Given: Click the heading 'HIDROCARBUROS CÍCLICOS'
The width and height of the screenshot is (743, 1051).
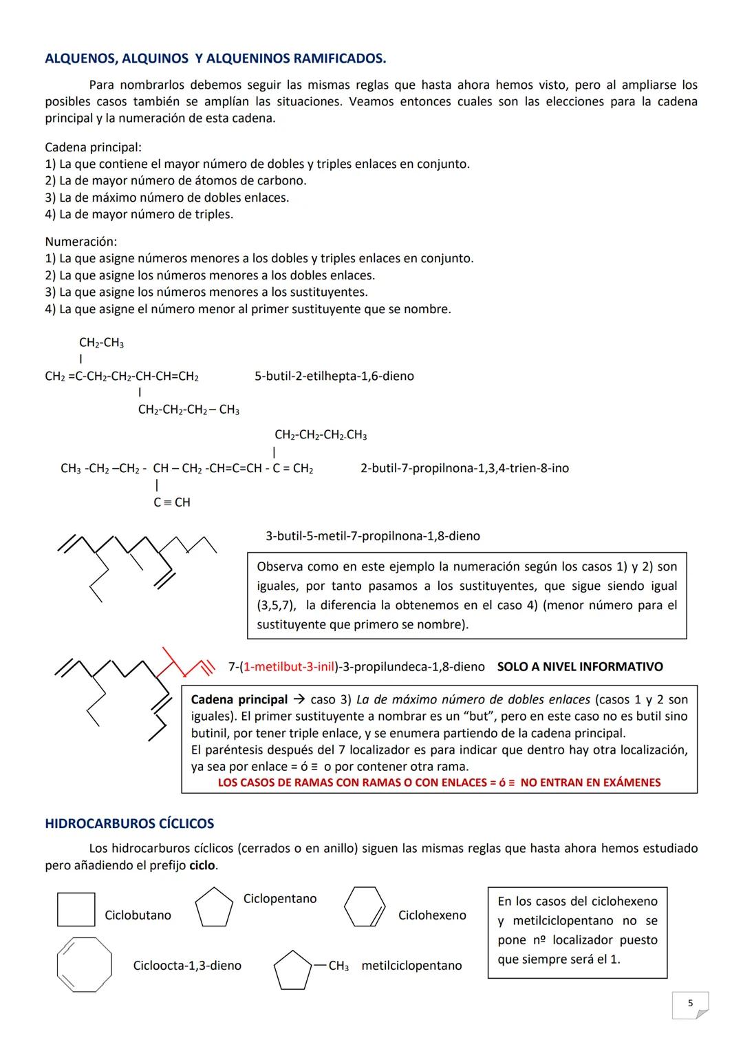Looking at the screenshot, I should (129, 823).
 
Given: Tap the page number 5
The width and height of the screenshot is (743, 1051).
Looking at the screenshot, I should (690, 1004).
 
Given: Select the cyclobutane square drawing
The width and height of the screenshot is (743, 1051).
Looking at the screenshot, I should (76, 909).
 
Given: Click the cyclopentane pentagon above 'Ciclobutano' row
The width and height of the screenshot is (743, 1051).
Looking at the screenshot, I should (214, 908).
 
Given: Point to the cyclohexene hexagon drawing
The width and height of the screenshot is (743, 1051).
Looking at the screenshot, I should (365, 907).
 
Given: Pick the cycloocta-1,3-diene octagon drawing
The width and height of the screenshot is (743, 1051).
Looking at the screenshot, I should (84, 964).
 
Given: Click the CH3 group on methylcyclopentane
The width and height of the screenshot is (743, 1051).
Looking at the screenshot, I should (338, 966).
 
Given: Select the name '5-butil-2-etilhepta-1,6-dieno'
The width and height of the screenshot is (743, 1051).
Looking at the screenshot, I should (334, 376).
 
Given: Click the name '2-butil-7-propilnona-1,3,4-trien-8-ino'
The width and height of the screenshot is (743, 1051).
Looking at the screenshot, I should (464, 468).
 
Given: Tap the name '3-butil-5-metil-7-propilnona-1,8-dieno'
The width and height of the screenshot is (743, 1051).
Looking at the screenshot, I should (372, 535).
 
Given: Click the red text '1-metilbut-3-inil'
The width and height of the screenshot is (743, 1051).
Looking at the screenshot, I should (289, 666).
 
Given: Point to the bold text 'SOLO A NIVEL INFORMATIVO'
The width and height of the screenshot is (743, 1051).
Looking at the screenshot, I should (579, 666).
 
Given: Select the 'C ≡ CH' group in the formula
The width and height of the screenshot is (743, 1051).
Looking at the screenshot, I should (172, 502).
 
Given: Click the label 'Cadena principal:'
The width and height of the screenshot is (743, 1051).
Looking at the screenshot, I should (93, 147).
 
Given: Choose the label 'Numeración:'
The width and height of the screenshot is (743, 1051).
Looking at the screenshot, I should (80, 242).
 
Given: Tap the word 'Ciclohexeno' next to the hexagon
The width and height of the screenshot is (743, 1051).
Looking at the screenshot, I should (431, 915).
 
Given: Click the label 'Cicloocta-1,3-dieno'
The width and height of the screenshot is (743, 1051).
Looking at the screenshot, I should (187, 966).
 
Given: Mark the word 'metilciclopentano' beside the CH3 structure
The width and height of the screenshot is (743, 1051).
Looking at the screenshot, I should (411, 966).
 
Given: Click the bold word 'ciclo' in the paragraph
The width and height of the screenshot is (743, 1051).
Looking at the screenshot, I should (202, 865).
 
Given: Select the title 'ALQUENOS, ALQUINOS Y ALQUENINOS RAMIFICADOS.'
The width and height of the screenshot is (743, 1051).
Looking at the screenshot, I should (215, 59).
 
